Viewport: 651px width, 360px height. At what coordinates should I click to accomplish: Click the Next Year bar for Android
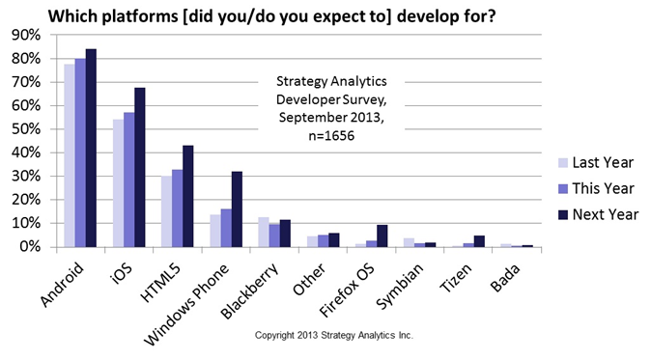[x=91, y=148]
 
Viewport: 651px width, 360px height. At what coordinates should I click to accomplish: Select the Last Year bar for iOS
[x=119, y=183]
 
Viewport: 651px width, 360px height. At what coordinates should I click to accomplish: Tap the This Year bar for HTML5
[x=178, y=208]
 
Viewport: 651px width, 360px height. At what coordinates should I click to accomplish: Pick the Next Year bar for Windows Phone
[x=237, y=209]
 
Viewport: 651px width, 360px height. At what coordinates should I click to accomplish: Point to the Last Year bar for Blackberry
[x=264, y=233]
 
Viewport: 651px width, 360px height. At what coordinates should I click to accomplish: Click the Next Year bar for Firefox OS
[x=382, y=236]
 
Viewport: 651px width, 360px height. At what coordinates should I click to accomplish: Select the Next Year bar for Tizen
[x=479, y=241]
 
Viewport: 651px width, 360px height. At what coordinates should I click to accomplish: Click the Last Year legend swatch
[x=563, y=162]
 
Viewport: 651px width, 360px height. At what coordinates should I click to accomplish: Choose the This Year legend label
[x=604, y=189]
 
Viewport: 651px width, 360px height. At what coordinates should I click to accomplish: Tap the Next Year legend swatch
[x=563, y=214]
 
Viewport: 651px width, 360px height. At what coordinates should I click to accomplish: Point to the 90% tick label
[x=27, y=36]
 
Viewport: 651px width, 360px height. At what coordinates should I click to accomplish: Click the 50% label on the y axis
[x=27, y=129]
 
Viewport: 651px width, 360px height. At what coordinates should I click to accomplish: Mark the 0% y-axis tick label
[x=30, y=247]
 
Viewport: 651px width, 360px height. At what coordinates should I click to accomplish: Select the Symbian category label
[x=400, y=286]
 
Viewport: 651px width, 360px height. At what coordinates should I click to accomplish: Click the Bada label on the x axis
[x=504, y=278]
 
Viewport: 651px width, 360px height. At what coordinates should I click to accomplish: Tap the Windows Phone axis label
[x=186, y=304]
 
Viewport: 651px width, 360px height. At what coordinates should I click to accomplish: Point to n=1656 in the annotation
[x=331, y=136]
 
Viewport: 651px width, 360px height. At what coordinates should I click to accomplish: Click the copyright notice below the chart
[x=334, y=335]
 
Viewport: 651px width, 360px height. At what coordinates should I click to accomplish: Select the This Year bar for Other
[x=323, y=241]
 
